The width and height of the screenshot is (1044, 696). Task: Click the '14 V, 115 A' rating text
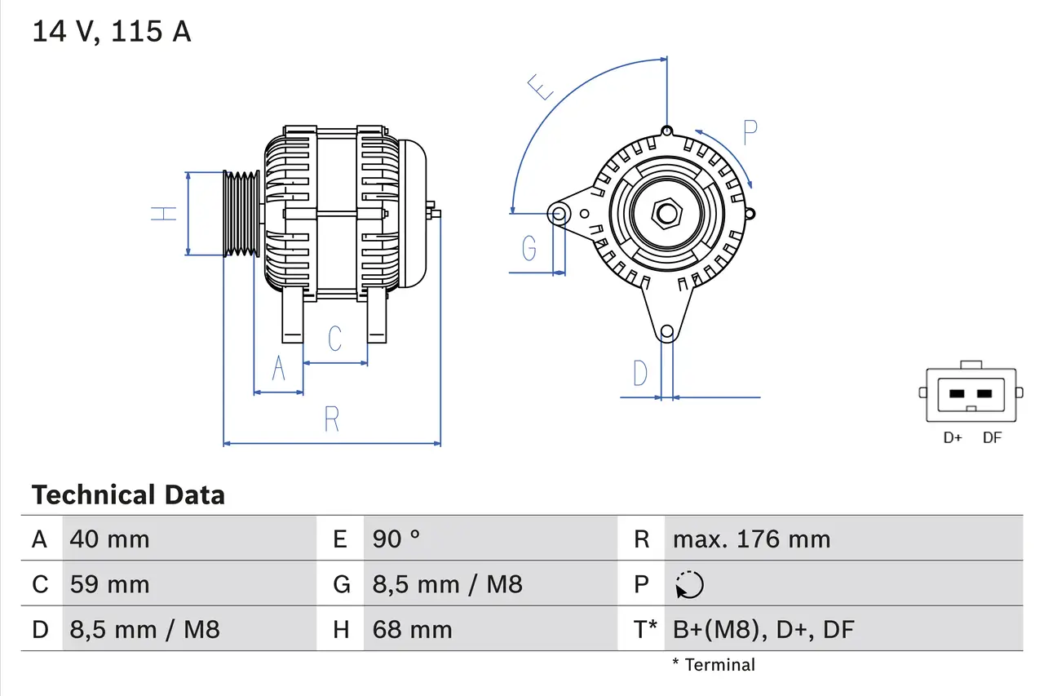(x=111, y=32)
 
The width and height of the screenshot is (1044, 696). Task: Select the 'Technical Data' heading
(x=128, y=495)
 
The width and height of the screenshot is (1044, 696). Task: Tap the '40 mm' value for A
(x=109, y=539)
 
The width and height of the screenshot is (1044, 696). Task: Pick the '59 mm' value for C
(x=109, y=584)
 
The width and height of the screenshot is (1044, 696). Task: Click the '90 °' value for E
(x=396, y=539)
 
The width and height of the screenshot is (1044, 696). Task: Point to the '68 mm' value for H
(x=412, y=629)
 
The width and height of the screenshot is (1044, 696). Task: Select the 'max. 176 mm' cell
(x=751, y=539)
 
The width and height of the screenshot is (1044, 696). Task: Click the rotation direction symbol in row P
(x=689, y=585)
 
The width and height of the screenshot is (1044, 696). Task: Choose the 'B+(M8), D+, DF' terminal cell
(x=763, y=629)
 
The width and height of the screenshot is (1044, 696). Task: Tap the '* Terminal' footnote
(x=714, y=665)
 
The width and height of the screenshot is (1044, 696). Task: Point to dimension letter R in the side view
(x=331, y=419)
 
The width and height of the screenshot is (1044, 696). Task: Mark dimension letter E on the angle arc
(x=541, y=86)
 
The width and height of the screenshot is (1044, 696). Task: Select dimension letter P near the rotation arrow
(x=750, y=132)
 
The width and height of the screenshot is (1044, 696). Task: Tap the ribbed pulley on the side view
(x=241, y=214)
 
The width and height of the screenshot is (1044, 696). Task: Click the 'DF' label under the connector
(x=992, y=438)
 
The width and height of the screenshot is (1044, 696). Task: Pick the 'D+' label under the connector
(x=953, y=438)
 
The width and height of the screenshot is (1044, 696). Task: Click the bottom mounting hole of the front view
(x=667, y=331)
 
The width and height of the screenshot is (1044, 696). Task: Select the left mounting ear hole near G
(x=560, y=214)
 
